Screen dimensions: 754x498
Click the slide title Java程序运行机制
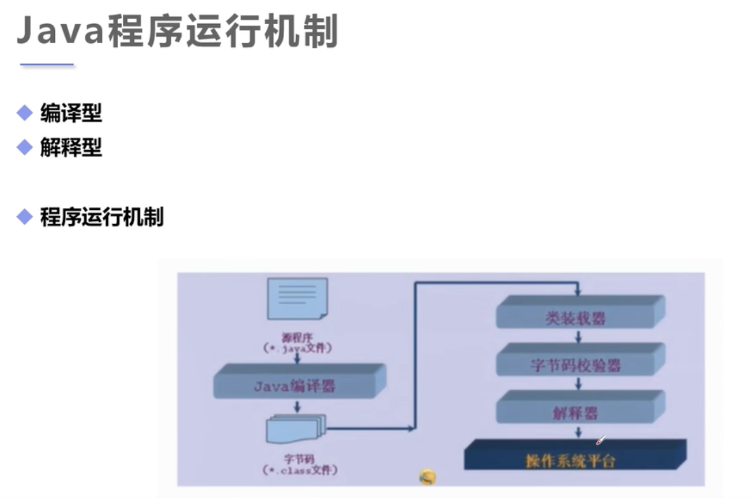click(176, 32)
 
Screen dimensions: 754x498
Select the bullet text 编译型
click(71, 114)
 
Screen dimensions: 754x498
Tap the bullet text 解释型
click(71, 148)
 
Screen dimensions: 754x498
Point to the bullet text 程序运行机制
click(101, 217)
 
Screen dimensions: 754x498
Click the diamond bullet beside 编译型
click(24, 114)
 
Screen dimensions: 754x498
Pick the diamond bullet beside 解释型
click(24, 148)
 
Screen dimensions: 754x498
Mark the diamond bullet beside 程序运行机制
click(24, 217)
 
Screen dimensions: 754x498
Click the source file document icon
click(297, 298)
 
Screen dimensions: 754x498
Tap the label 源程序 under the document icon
click(297, 338)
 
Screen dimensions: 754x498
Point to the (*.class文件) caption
click(300, 471)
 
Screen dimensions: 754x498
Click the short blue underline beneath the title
click(47, 65)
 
